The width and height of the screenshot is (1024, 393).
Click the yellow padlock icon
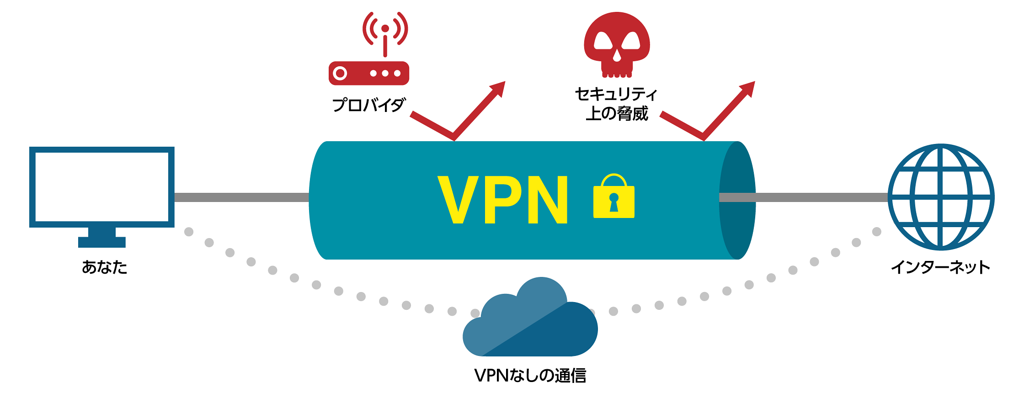tap(613, 197)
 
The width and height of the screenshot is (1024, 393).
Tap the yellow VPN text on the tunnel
tap(503, 200)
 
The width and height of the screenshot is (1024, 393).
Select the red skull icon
tap(617, 43)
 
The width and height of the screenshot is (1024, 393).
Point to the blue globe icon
tap(941, 197)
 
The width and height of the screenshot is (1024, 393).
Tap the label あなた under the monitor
tap(104, 267)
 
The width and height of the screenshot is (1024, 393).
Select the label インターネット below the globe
tap(940, 267)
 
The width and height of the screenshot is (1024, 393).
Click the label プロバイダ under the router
tap(368, 105)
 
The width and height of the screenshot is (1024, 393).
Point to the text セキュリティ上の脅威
tap(616, 104)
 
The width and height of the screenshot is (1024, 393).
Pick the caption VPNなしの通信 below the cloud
tap(530, 376)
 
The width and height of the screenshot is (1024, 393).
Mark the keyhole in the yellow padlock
tap(613, 202)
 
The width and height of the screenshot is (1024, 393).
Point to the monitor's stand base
tap(101, 242)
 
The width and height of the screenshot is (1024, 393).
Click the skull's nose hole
tap(617, 56)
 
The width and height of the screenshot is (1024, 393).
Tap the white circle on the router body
tap(340, 73)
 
